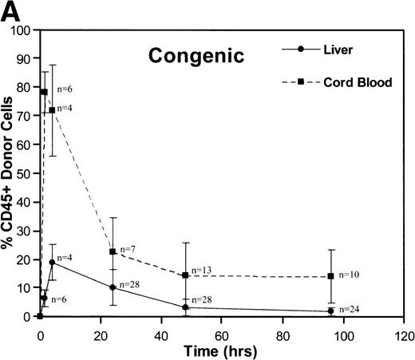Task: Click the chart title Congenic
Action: tap(188, 57)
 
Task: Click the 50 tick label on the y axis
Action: tap(26, 173)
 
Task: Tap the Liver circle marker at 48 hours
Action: tap(185, 307)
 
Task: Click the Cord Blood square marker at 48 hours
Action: tap(185, 275)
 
